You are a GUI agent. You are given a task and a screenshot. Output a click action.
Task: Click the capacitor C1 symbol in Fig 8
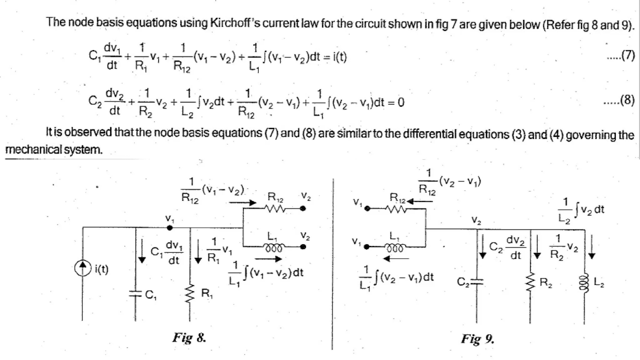tap(135, 294)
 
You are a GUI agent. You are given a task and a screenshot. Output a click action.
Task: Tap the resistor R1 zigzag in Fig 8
tap(190, 293)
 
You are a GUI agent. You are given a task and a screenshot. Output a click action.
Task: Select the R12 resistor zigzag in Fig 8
tap(274, 208)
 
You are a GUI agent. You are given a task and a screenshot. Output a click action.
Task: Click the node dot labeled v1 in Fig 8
tap(169, 228)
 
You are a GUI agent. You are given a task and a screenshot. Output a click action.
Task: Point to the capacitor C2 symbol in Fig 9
tap(477, 282)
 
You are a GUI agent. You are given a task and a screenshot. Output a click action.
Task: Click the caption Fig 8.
tap(189, 337)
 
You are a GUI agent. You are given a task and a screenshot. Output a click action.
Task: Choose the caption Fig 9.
tap(477, 338)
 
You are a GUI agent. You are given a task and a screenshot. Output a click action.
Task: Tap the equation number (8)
tap(627, 101)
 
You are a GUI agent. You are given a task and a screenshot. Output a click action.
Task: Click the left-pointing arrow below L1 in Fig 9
tap(396, 259)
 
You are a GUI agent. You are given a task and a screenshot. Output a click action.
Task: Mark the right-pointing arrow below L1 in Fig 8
tap(268, 259)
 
